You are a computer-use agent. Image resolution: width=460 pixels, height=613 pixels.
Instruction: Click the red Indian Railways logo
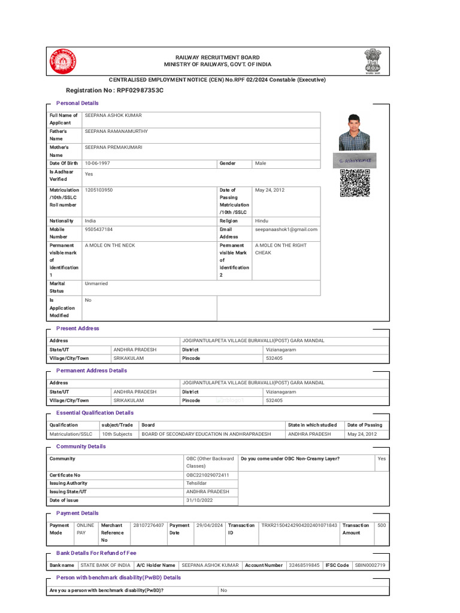coord(62,60)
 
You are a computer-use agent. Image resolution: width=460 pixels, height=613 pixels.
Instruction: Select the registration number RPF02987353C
coord(140,90)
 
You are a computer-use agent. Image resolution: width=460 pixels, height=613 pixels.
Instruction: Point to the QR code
coord(355,183)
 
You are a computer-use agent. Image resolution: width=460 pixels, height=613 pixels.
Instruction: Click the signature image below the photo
coord(355,160)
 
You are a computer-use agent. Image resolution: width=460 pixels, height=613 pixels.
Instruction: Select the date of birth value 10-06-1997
coord(98,163)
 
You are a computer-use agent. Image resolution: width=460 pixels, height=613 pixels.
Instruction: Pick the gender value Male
coord(261,163)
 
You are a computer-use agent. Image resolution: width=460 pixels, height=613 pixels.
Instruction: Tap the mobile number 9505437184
coord(99,229)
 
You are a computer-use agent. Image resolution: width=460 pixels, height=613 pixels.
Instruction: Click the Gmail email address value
coord(286,229)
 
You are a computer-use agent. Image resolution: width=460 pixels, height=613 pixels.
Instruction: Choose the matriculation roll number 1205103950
coord(99,190)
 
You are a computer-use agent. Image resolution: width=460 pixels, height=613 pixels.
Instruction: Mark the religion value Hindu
coord(262,221)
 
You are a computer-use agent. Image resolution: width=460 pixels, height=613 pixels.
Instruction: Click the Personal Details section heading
coord(77,103)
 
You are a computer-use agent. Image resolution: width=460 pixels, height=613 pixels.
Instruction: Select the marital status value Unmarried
coord(96,284)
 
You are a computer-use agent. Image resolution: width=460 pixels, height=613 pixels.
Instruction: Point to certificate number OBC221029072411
coord(208,475)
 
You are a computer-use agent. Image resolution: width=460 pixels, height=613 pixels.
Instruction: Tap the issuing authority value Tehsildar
coord(197,483)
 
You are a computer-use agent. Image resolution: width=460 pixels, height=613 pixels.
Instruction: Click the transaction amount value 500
coord(382,525)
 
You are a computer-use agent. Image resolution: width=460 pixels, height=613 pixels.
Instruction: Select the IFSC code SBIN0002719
coord(370,565)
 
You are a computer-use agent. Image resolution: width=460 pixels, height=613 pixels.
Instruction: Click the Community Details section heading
coord(81,447)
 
